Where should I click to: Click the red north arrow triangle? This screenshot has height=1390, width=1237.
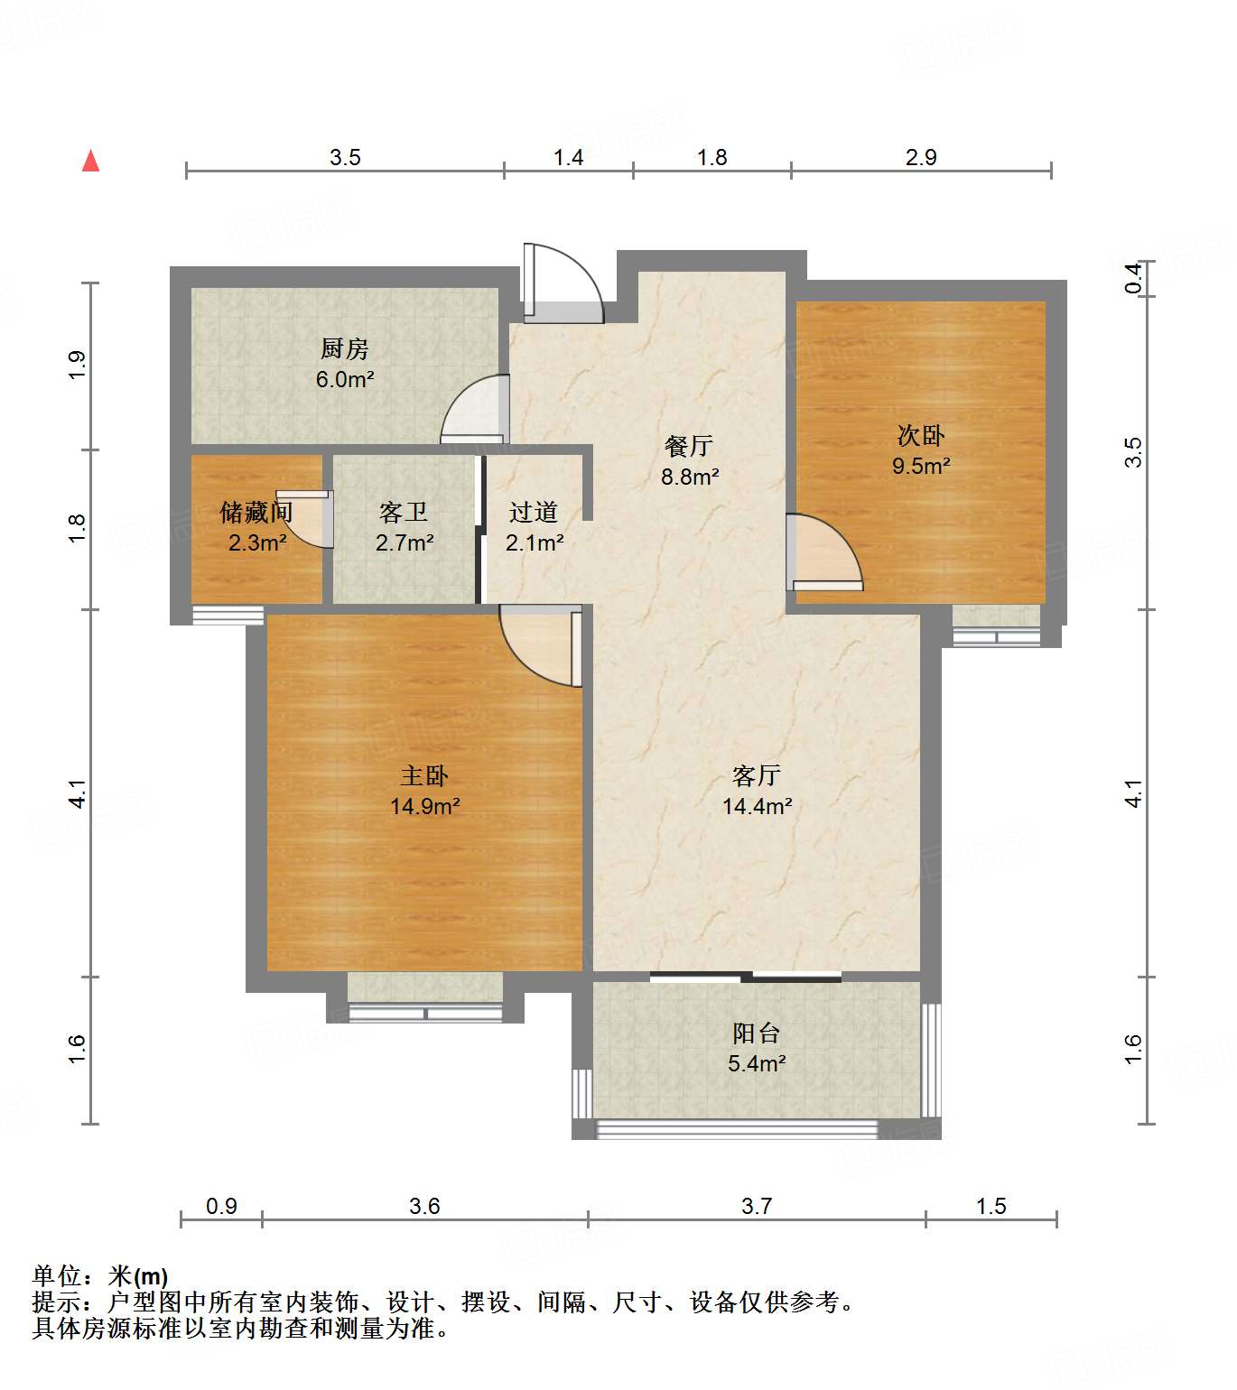click(90, 162)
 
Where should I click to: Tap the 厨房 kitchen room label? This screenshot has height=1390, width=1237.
click(345, 348)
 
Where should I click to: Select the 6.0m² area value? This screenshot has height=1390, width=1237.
click(345, 380)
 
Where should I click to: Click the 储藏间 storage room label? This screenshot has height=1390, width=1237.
click(256, 513)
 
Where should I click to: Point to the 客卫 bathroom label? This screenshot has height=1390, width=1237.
click(404, 513)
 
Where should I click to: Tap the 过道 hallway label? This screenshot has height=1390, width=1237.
click(534, 513)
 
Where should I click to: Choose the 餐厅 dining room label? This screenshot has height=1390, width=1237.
click(689, 446)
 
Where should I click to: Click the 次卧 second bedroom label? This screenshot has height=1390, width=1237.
click(921, 436)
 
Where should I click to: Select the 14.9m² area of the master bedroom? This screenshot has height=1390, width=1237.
click(425, 806)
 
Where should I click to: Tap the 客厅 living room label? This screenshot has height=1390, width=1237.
click(757, 775)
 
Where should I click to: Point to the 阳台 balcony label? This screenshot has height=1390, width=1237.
click(757, 1033)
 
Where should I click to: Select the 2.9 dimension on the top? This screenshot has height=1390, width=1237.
click(921, 158)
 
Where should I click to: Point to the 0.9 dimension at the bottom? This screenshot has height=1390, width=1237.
click(221, 1206)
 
